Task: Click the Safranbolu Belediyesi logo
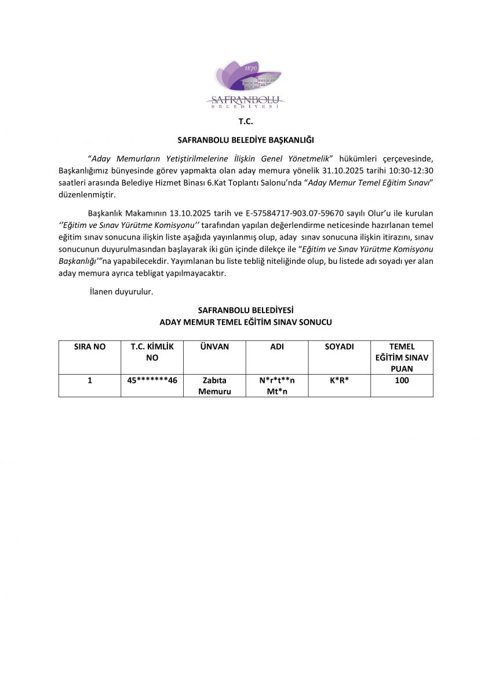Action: [246, 85]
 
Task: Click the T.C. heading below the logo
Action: [246, 122]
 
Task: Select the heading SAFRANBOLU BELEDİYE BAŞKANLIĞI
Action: [246, 140]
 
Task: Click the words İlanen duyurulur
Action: [121, 292]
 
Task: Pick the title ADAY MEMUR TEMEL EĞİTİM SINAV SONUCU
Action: [246, 321]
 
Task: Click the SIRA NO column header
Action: [90, 347]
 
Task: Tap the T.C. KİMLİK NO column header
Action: [152, 352]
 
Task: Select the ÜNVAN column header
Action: [214, 347]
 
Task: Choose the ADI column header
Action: [277, 347]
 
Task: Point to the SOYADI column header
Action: [339, 347]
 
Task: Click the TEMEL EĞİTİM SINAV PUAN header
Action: [402, 357]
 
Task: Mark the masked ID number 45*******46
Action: [152, 380]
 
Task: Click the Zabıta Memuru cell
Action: [214, 386]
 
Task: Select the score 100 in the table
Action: [402, 380]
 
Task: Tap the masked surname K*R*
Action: [339, 380]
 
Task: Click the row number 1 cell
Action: [90, 380]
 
